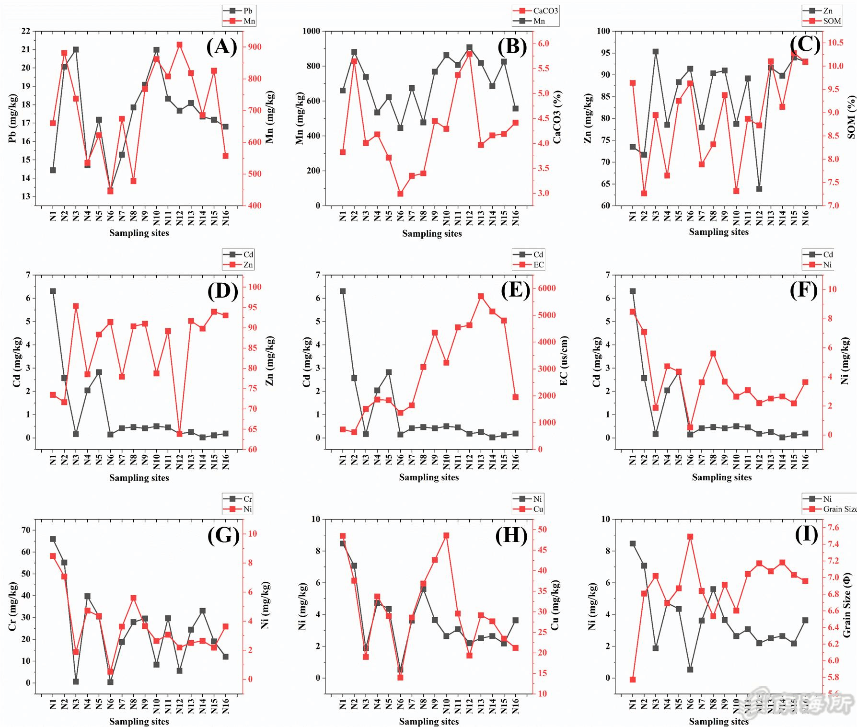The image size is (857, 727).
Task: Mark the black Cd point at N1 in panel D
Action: point(53,291)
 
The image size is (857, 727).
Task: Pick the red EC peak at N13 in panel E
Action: point(481,296)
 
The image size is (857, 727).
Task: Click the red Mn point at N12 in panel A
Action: point(179,45)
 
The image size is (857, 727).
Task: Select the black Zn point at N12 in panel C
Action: point(759,189)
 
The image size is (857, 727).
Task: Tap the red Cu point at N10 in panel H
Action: point(446,536)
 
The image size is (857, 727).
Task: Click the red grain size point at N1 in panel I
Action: point(633,680)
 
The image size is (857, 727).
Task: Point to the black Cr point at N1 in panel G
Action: point(53,539)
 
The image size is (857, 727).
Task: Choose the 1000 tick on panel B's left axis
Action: point(311,31)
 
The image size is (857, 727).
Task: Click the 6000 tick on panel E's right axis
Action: point(547,288)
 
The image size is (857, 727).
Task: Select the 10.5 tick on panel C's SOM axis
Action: point(835,43)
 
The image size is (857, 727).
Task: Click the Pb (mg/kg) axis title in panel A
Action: point(13,118)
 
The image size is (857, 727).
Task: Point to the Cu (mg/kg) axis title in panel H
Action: point(555,606)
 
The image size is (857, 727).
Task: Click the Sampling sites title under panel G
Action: point(139,721)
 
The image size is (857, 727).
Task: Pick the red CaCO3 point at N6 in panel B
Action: point(400,194)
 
